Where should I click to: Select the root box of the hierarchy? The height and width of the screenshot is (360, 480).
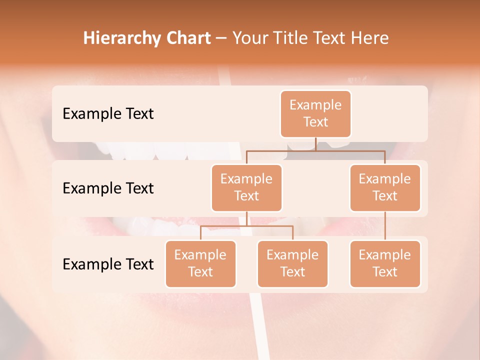click(315, 113)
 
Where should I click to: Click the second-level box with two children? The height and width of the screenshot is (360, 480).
click(246, 187)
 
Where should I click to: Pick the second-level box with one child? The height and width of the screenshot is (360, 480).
click(385, 187)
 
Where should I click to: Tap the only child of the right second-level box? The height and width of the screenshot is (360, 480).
click(385, 263)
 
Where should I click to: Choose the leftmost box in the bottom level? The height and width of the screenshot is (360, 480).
click(200, 263)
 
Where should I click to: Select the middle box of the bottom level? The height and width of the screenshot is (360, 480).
click(292, 263)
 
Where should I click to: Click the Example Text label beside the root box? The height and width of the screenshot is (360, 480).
click(108, 114)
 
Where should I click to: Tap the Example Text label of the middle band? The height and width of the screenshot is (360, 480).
click(108, 188)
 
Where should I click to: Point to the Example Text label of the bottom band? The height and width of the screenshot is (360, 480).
click(108, 264)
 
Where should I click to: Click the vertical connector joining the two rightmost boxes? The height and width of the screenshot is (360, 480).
click(385, 226)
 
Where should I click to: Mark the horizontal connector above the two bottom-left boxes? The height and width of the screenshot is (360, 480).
click(246, 226)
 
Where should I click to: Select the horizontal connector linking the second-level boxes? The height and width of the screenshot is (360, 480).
click(315, 150)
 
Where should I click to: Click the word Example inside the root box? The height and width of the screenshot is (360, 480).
click(315, 105)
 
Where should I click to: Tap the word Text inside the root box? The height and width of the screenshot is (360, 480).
click(315, 122)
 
